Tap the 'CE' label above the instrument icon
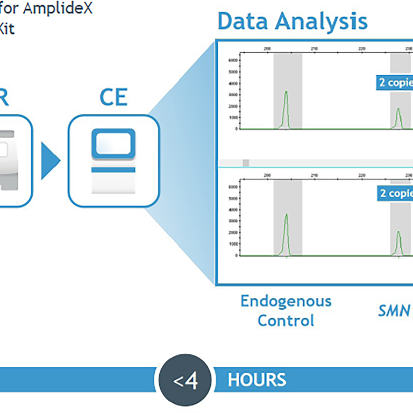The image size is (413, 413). (x=113, y=97)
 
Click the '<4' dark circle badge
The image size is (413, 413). (x=186, y=381)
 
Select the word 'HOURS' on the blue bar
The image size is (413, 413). (x=257, y=380)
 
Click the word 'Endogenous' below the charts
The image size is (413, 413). (x=286, y=301)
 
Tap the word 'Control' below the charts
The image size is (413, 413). (x=286, y=321)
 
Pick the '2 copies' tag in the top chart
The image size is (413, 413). (x=394, y=82)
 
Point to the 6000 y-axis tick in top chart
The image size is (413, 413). (x=232, y=61)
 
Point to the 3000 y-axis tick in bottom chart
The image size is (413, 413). (x=232, y=221)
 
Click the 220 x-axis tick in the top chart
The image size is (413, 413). (x=361, y=49)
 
